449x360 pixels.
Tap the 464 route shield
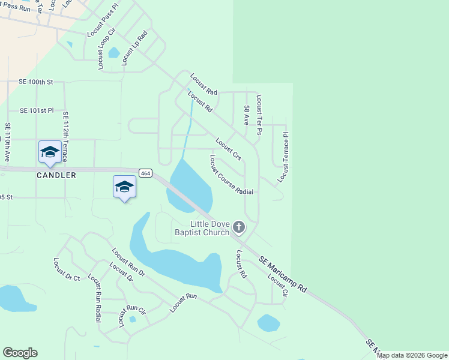145,173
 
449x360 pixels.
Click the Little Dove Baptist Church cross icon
239,227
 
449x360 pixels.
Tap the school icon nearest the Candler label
50,152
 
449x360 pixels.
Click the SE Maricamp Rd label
283,275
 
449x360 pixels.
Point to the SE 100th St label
36,82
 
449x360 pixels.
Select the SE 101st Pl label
37,110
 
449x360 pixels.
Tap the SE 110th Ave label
8,142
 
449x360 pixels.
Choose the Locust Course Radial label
231,175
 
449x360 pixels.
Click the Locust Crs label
228,150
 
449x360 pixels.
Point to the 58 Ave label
246,115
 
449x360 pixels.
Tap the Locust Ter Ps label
259,114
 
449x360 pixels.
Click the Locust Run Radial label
94,298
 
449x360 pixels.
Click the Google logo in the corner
20,353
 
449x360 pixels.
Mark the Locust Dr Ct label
67,269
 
